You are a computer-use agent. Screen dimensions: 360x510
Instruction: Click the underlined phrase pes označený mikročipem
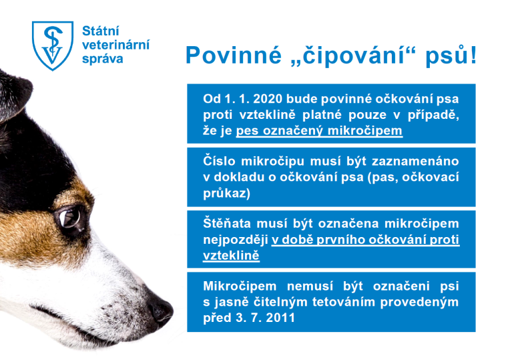[x=319, y=130]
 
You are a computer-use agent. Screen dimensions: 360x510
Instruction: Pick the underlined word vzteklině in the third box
[x=231, y=255]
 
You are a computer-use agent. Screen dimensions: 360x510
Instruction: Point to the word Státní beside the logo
[x=99, y=30]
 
